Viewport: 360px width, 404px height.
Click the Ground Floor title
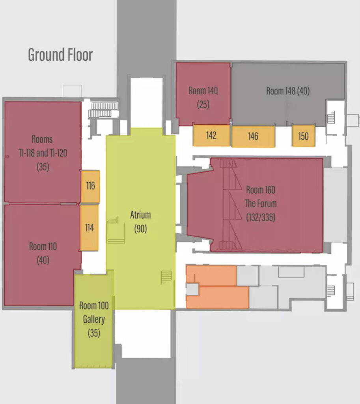60,54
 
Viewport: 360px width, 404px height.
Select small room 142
211,136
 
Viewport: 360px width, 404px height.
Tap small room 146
254,137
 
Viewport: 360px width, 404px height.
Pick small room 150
303,136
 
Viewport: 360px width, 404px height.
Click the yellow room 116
90,186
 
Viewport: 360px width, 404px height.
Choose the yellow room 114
89,228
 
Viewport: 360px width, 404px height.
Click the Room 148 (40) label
288,91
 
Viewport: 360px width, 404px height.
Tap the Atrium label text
140,215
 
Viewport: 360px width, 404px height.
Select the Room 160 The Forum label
261,196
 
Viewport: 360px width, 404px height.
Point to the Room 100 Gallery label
94,312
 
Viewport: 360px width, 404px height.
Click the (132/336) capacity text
261,217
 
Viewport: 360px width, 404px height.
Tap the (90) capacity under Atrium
140,228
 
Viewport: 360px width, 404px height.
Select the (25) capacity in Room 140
203,105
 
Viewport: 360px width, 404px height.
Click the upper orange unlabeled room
211,275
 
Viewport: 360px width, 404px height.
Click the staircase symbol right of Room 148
331,118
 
